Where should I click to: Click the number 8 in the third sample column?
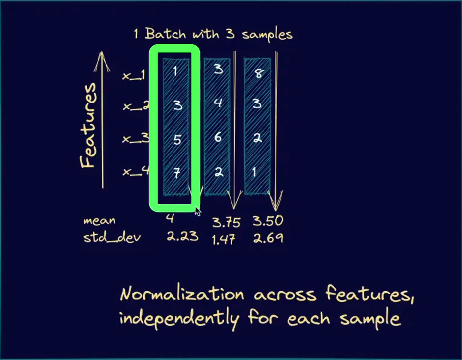point(258,74)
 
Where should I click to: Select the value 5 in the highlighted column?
point(177,139)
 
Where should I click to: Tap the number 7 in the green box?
point(177,173)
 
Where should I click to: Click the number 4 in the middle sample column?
point(218,103)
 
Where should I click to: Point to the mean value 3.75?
point(227,221)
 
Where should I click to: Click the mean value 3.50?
point(268,221)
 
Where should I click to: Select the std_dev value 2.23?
point(182,236)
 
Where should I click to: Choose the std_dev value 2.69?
point(268,238)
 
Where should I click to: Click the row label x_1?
point(134,75)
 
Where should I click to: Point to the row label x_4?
point(135,172)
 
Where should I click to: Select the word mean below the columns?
point(100,221)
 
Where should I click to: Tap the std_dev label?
point(112,238)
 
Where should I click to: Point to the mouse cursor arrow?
point(198,212)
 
